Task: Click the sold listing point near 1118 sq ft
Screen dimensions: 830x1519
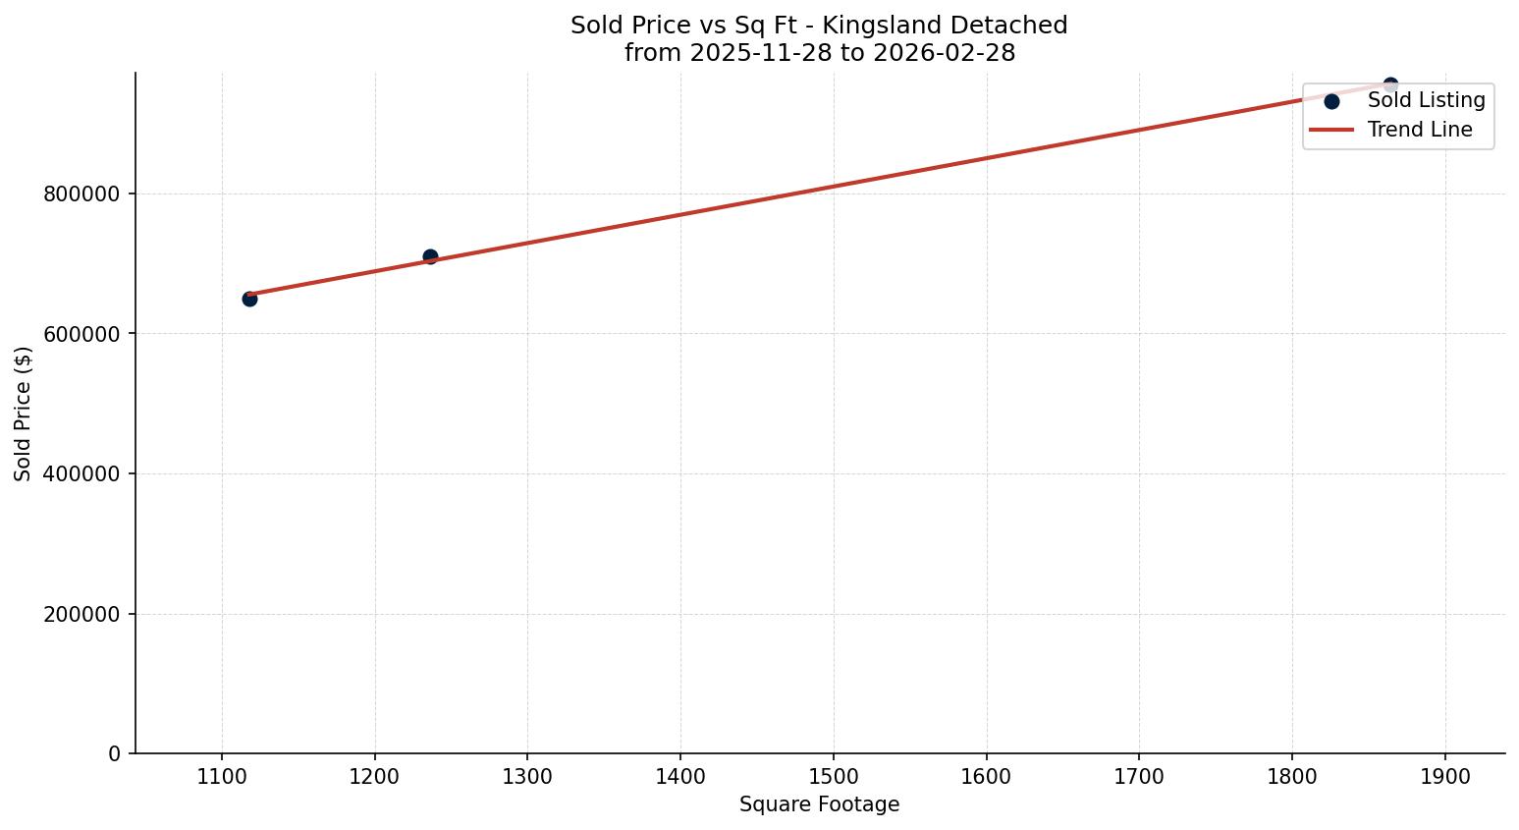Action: point(249,299)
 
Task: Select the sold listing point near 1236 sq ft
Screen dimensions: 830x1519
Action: point(430,256)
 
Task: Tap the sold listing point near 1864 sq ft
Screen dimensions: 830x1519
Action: point(1390,85)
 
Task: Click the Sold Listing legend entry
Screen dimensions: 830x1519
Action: point(1426,100)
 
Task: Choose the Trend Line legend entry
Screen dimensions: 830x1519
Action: point(1420,130)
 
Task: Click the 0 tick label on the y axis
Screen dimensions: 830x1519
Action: point(115,754)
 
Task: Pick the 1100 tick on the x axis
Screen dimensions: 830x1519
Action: point(222,777)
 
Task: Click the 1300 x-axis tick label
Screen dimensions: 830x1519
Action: point(527,777)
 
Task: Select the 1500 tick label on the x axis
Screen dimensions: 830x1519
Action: point(834,777)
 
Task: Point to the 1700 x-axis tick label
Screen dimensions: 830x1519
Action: point(1139,777)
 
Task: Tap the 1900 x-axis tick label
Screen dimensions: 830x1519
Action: point(1445,777)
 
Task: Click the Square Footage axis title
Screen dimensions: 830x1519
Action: point(819,805)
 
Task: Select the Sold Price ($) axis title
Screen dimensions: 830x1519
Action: point(24,414)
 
